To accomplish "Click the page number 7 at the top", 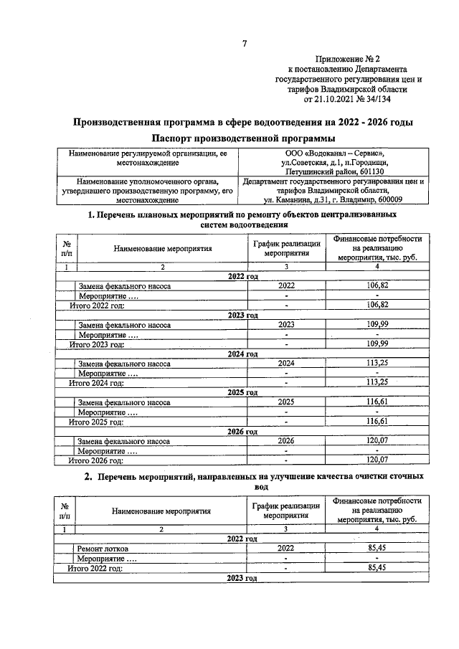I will pyautogui.click(x=244, y=44).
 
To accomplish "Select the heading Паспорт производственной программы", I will pyautogui.click(x=243, y=138).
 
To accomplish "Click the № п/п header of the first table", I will pyautogui.click(x=66, y=249).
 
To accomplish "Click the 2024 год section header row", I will pyautogui.click(x=242, y=354).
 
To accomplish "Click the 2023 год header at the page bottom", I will pyautogui.click(x=242, y=577).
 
